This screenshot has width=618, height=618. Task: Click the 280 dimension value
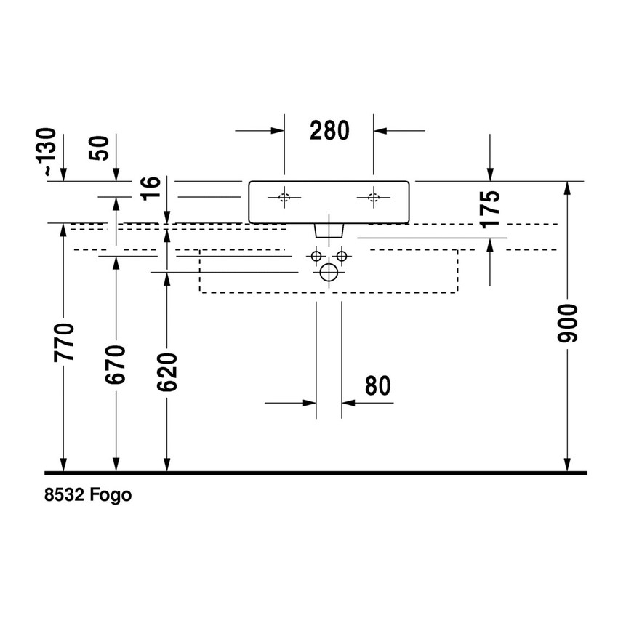tap(329, 130)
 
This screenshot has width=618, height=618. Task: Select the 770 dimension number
tap(65, 342)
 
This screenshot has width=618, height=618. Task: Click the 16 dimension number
tap(151, 188)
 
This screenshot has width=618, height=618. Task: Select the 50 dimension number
tap(101, 148)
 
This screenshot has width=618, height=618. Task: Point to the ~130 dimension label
tap(48, 151)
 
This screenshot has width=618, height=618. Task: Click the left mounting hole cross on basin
tap(284, 197)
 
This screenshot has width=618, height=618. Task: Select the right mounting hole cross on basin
tap(374, 197)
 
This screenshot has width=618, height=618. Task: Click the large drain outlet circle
tap(329, 273)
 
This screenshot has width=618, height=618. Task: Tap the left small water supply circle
tap(316, 256)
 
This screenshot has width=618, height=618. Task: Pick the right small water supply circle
tap(342, 256)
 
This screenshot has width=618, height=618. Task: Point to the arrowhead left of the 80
tap(310, 401)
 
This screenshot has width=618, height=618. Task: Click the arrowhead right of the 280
tap(381, 130)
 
